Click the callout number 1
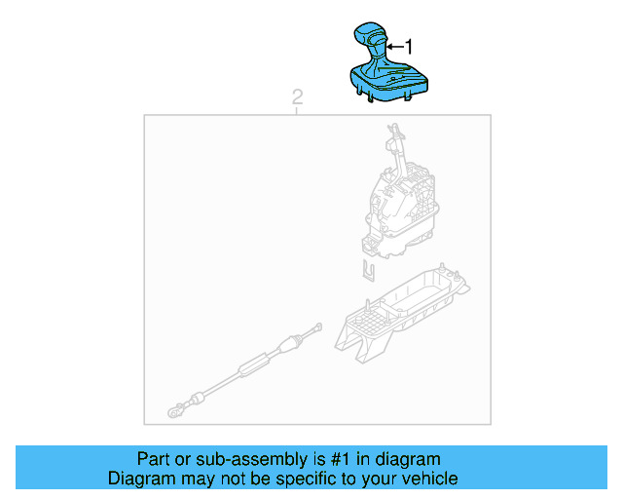(409, 46)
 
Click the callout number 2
(297, 96)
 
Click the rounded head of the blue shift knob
(371, 35)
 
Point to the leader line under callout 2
(297, 110)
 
